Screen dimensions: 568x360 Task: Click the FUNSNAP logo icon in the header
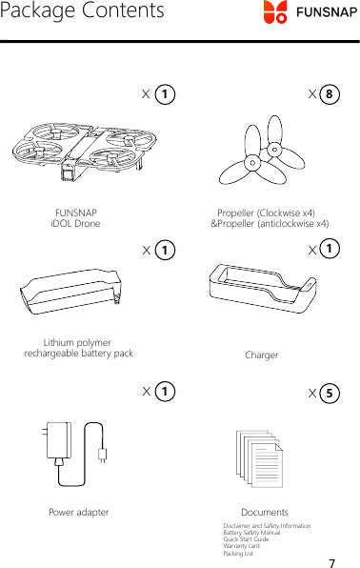[x=275, y=12]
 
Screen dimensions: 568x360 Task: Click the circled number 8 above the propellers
[x=329, y=94]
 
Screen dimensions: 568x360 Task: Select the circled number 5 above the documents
[x=329, y=392]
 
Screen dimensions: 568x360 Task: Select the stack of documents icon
[x=259, y=455]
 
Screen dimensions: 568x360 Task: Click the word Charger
[x=262, y=355]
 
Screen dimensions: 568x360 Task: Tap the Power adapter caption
[x=78, y=512]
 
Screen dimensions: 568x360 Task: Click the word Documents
[x=265, y=513]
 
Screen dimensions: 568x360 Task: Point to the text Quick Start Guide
[x=246, y=539]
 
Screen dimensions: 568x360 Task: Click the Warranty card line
[x=241, y=546]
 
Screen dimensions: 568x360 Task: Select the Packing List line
[x=238, y=553]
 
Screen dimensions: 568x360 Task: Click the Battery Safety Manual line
[x=251, y=533]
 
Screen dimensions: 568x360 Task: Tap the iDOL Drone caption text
[x=75, y=224]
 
